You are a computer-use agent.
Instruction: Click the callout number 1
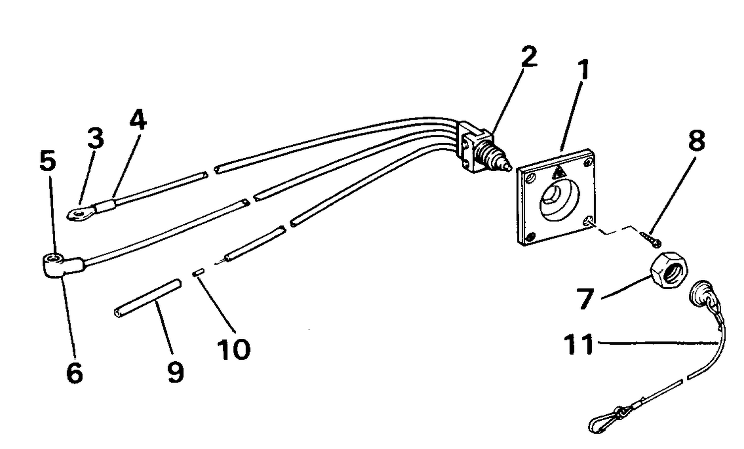583,69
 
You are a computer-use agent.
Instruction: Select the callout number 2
529,57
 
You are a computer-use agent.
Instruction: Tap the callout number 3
96,138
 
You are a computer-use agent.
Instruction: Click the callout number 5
48,161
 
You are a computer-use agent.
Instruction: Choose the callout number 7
585,299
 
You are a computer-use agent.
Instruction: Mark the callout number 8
696,140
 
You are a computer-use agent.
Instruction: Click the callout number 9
176,372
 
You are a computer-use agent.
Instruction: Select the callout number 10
234,349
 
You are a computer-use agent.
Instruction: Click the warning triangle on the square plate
559,173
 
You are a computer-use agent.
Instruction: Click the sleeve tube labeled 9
147,299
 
